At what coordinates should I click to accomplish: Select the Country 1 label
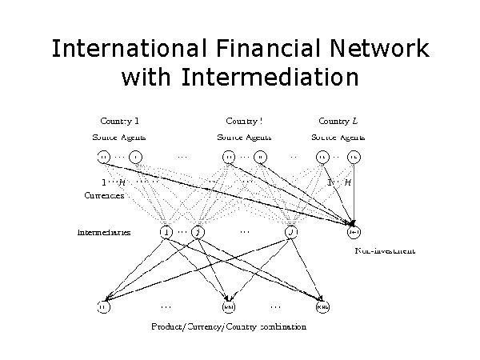pos(120,122)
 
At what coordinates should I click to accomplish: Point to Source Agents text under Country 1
pos(120,138)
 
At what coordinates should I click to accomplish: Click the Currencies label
pos(103,194)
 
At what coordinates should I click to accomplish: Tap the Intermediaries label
pos(104,233)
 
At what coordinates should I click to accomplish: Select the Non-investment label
pos(384,251)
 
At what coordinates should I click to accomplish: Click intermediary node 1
pos(166,233)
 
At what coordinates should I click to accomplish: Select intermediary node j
pos(198,233)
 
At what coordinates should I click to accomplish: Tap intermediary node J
pos(292,233)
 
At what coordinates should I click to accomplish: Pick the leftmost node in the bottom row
pos(103,306)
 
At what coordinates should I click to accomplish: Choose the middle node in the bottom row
pos(229,306)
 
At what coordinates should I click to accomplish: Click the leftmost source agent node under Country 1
pos(103,156)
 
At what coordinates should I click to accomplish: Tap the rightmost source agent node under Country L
pos(354,156)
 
